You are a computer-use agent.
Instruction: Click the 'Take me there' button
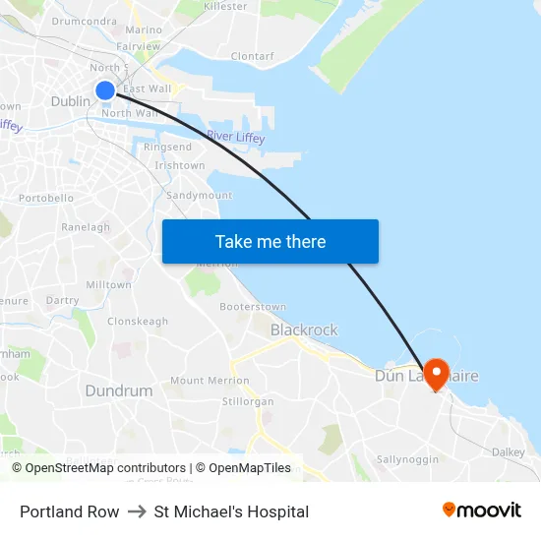pos(270,241)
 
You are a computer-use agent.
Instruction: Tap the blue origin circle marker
pos(105,91)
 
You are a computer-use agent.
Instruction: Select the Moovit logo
pos(482,510)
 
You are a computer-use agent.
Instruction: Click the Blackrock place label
pos(304,331)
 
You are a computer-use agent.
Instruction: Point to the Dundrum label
pos(119,391)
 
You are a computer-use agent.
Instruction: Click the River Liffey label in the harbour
pos(235,138)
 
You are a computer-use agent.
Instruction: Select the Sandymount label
pos(200,196)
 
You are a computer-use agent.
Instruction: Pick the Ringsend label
pos(167,148)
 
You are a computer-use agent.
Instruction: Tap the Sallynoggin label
pos(407,459)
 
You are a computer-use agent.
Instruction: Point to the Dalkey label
pos(509,452)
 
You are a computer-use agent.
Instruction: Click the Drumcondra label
pos(85,21)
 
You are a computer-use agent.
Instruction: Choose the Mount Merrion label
pos(202,381)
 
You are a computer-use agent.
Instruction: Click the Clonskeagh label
pos(138,322)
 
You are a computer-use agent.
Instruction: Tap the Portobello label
pos(46,198)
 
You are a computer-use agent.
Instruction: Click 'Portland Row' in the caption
pos(69,511)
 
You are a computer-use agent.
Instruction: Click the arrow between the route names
pos(137,511)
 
